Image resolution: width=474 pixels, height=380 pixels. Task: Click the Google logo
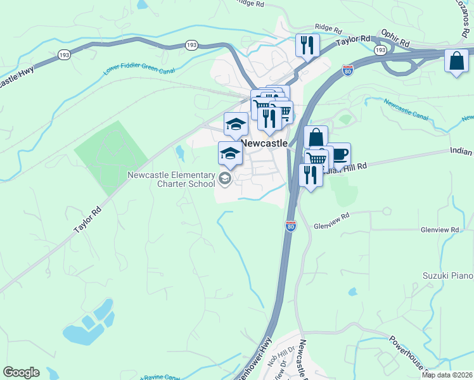(21, 372)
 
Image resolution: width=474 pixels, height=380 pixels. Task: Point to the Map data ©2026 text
(447, 375)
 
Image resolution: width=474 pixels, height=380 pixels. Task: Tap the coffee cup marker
(340, 154)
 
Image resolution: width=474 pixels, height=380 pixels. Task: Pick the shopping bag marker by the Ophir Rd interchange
(456, 61)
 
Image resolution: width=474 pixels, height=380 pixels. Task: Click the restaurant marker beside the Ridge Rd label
(307, 45)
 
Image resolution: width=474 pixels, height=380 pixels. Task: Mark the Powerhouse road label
(409, 355)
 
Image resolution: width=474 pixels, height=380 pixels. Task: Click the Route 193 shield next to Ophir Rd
(380, 49)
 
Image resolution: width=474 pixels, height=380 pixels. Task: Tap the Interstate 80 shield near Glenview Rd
(290, 225)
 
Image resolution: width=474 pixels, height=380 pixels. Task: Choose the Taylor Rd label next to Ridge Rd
(353, 41)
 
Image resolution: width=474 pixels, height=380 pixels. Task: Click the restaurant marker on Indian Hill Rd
(310, 175)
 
